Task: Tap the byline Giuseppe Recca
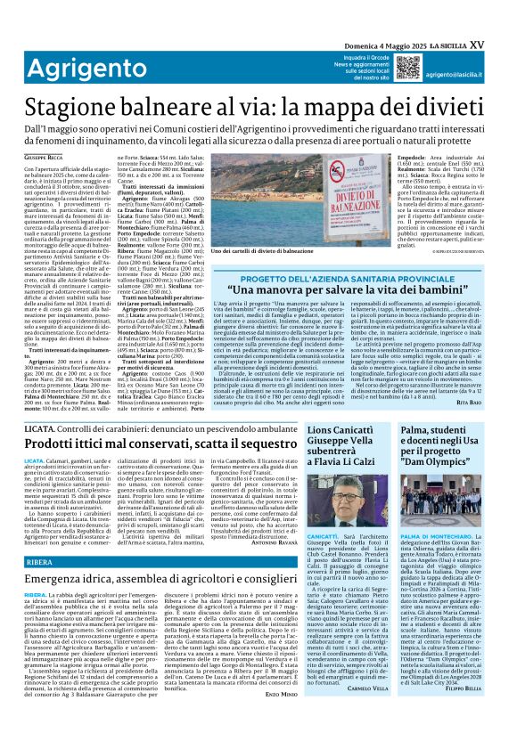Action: [44, 158]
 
